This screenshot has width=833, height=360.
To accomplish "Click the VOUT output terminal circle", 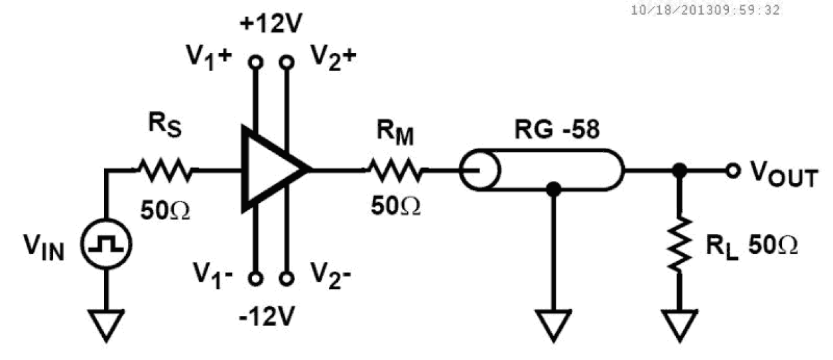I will [732, 171].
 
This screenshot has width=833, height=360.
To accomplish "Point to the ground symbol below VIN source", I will [106, 325].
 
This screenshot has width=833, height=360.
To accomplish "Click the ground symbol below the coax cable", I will [552, 325].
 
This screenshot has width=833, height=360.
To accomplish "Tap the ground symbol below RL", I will [678, 325].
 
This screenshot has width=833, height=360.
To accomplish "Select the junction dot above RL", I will [678, 171].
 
